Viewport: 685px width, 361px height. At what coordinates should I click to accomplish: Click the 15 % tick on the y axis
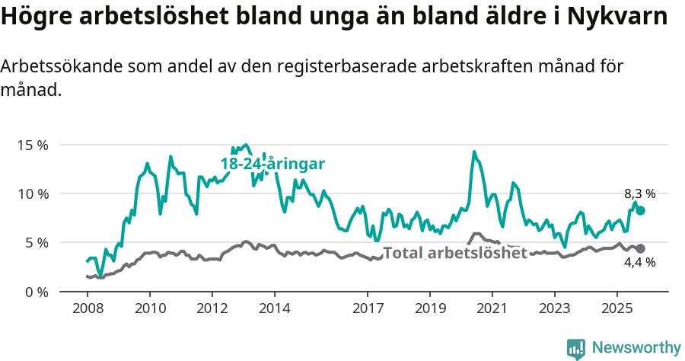point(32,145)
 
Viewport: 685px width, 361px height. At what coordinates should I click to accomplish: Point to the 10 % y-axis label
point(32,193)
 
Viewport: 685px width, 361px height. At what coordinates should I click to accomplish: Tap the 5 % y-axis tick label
point(36,243)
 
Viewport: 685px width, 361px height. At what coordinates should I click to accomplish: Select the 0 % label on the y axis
point(36,292)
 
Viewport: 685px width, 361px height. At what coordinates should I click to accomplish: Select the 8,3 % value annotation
point(640,194)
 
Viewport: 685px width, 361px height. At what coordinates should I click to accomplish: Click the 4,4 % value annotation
point(640,263)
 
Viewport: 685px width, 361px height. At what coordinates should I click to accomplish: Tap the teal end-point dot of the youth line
point(641,210)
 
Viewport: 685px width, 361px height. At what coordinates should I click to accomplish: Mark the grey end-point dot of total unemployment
point(641,248)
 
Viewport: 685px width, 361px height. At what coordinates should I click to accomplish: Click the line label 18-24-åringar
point(272,164)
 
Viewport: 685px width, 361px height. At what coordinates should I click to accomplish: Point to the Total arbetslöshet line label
point(454,253)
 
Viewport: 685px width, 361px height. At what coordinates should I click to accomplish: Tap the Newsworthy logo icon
point(576,349)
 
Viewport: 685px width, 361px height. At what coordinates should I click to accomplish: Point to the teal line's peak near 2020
point(473,152)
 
